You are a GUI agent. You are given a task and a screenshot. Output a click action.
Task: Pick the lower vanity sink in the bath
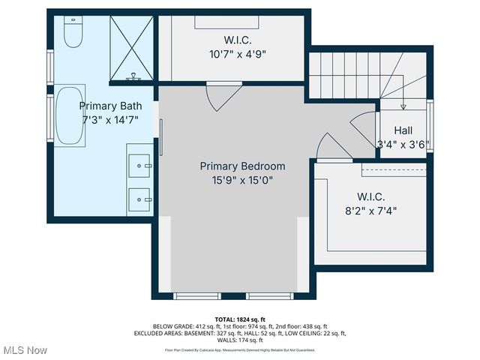pyautogui.click(x=138, y=199)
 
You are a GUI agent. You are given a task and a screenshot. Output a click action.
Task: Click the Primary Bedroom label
pyautogui.click(x=241, y=166)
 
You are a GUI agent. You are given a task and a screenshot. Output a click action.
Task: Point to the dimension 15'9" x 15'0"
pyautogui.click(x=241, y=180)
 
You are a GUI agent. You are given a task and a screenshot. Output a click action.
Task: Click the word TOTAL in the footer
pyautogui.click(x=226, y=319)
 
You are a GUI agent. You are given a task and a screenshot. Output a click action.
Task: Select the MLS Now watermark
pyautogui.click(x=25, y=350)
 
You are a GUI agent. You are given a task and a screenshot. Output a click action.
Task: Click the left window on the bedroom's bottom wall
pyautogui.click(x=197, y=295)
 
